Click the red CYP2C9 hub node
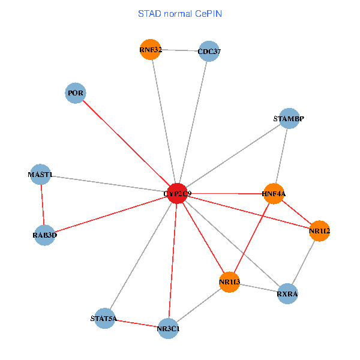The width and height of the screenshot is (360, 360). [177, 193]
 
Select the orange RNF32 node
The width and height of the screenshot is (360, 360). [150, 49]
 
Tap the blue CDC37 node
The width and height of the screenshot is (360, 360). [208, 51]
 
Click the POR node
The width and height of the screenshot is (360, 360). [75, 93]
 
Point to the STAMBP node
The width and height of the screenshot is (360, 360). [289, 119]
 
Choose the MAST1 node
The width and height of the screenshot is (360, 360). [40, 175]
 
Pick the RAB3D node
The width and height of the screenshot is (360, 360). [45, 235]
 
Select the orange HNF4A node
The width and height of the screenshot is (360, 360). [273, 193]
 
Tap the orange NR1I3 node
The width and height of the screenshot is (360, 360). [229, 281]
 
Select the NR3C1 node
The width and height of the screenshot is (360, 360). [169, 328]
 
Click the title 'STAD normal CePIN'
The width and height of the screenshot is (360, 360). [180, 13]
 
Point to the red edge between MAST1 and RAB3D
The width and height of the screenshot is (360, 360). [43, 205]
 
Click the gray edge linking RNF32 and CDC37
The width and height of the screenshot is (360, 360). [179, 50]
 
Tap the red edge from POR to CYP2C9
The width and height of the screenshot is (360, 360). [126, 143]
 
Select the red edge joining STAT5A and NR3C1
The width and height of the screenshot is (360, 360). [137, 323]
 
